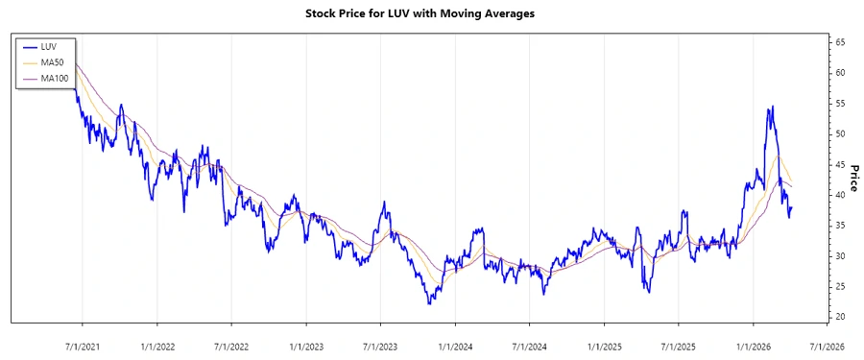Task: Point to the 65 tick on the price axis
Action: tap(840, 42)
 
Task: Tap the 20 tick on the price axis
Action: tap(840, 317)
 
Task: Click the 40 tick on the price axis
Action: tap(840, 195)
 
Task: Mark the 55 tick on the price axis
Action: tap(840, 103)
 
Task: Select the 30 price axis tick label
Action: tap(840, 255)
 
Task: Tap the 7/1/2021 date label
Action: tap(83, 345)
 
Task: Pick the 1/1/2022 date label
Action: tap(157, 345)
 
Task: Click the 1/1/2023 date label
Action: tap(306, 345)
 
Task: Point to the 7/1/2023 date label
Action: tap(380, 345)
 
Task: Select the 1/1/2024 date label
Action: tap(455, 345)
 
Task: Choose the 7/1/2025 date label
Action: tap(678, 345)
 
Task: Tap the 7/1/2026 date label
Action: tap(827, 345)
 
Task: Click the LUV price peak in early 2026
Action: tap(771, 107)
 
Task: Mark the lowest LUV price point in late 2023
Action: tap(430, 303)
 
